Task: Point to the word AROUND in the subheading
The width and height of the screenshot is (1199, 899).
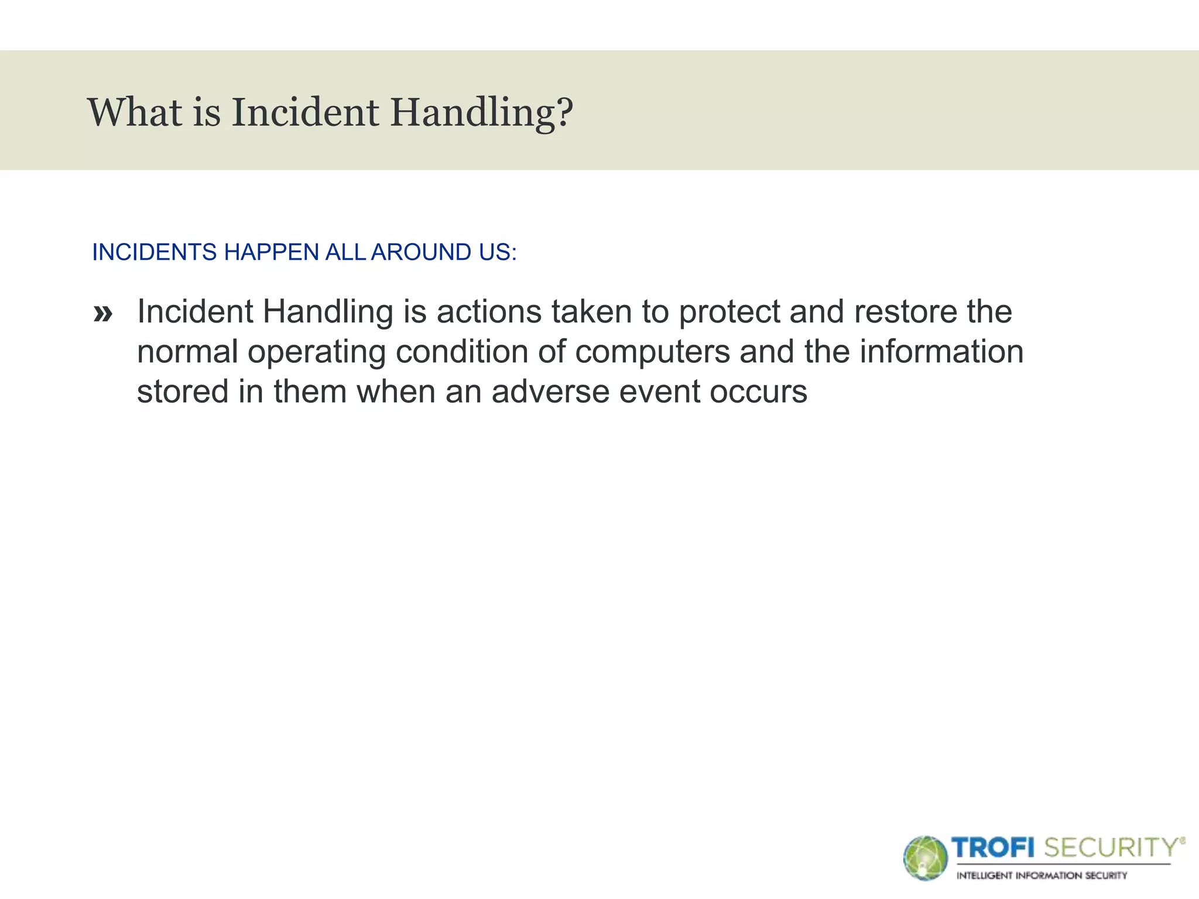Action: click(x=421, y=252)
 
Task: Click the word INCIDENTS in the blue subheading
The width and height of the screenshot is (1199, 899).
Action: click(x=155, y=252)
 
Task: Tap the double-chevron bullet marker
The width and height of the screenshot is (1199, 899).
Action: click(x=103, y=314)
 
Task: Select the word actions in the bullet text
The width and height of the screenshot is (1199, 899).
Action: click(x=489, y=311)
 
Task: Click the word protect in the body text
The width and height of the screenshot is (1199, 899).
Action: click(x=729, y=313)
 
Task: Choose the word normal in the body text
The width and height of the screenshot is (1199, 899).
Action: click(x=187, y=352)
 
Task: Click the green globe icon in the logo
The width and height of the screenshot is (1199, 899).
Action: click(x=925, y=858)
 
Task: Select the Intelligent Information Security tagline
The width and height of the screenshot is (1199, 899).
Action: click(x=1042, y=876)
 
